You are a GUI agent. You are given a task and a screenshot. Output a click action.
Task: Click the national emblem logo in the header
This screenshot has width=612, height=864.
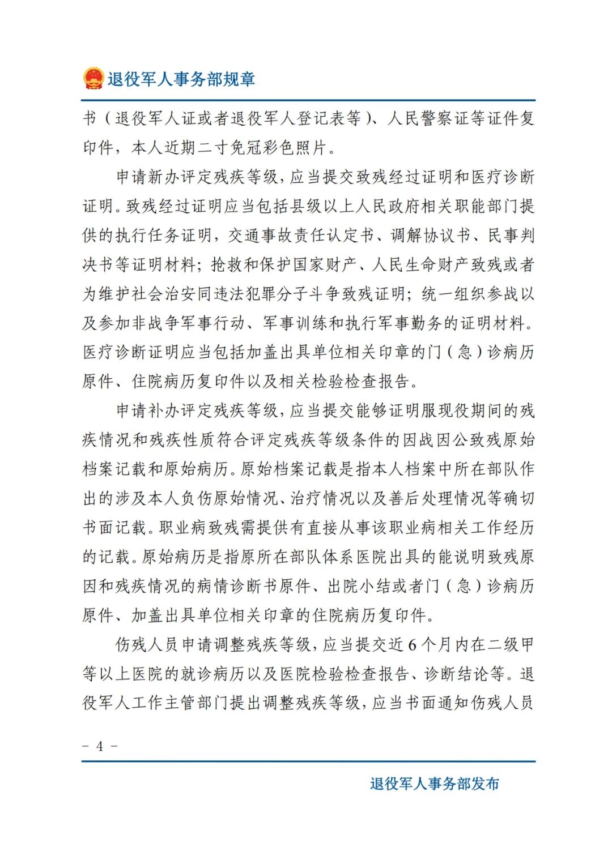point(93,79)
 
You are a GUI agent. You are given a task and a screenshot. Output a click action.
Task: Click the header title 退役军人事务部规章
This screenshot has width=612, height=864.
point(181,79)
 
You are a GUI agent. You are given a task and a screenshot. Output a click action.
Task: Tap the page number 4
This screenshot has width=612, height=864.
point(100,746)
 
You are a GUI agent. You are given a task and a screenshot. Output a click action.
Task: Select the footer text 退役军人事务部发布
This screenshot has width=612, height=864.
point(435,784)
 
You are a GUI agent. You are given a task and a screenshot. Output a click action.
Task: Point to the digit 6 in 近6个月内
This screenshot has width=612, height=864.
point(412,644)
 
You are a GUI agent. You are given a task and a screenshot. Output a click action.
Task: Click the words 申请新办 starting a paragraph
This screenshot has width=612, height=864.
point(148,177)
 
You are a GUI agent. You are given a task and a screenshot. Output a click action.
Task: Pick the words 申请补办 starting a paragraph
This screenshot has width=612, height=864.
point(148,410)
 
